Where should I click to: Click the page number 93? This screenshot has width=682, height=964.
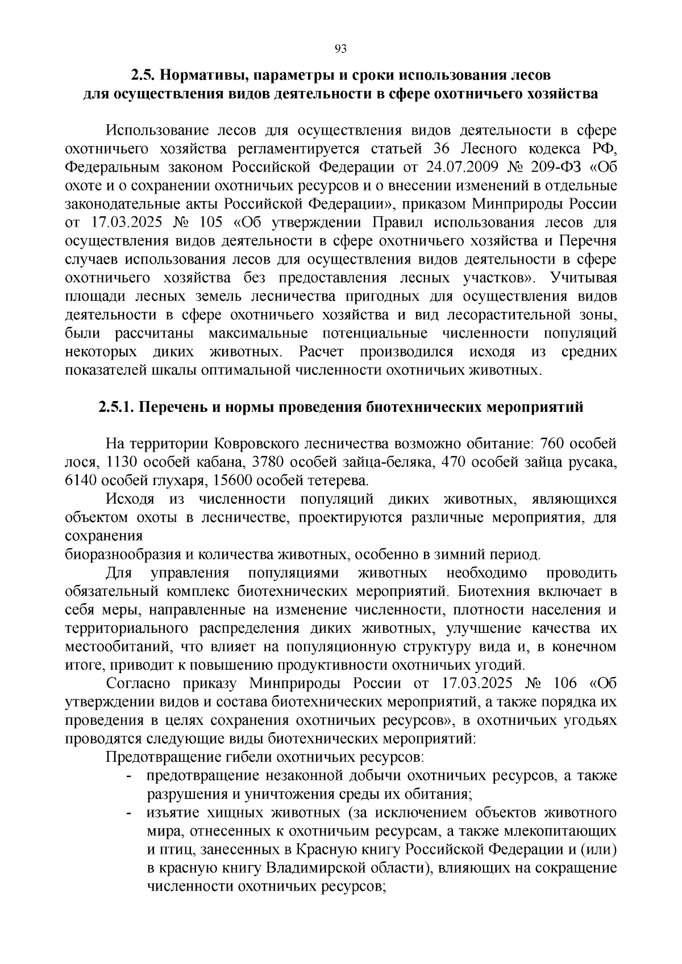coord(340,49)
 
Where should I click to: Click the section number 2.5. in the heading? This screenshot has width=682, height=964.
coord(143,75)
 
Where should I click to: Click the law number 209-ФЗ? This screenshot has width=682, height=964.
coord(560,167)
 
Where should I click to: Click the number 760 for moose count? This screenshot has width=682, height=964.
coord(551,443)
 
